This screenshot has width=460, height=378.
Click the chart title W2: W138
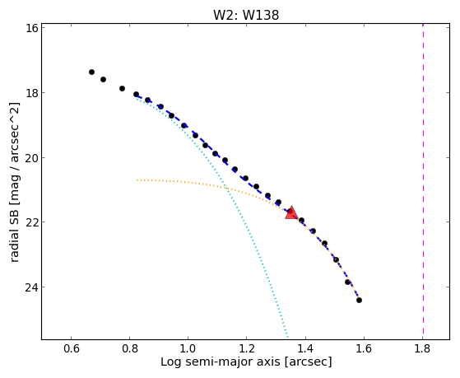coord(246,15)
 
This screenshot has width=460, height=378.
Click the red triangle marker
coord(291,213)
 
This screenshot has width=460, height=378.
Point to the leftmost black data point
coord(91,72)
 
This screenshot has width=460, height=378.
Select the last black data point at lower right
coord(359,300)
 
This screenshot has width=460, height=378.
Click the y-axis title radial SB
coord(15,182)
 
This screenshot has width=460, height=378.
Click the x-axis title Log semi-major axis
coord(246,362)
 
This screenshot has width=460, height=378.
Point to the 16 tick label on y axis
coord(31,28)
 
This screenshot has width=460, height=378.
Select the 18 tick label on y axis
coord(31,93)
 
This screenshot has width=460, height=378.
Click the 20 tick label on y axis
coord(31,158)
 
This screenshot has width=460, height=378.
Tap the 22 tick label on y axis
coord(31,222)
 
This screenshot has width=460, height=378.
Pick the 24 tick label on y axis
coord(31,287)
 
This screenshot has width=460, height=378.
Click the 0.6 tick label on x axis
coord(71,348)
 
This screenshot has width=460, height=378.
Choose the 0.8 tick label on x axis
coord(130,348)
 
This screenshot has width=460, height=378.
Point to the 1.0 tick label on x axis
coord(188,348)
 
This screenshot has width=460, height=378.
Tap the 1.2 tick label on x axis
coord(246,348)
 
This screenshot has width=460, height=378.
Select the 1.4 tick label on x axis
coord(305,348)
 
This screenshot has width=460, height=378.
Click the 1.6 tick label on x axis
coord(364,348)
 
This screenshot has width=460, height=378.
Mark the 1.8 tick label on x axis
coord(422,348)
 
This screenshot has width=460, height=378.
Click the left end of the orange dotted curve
coord(137,180)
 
